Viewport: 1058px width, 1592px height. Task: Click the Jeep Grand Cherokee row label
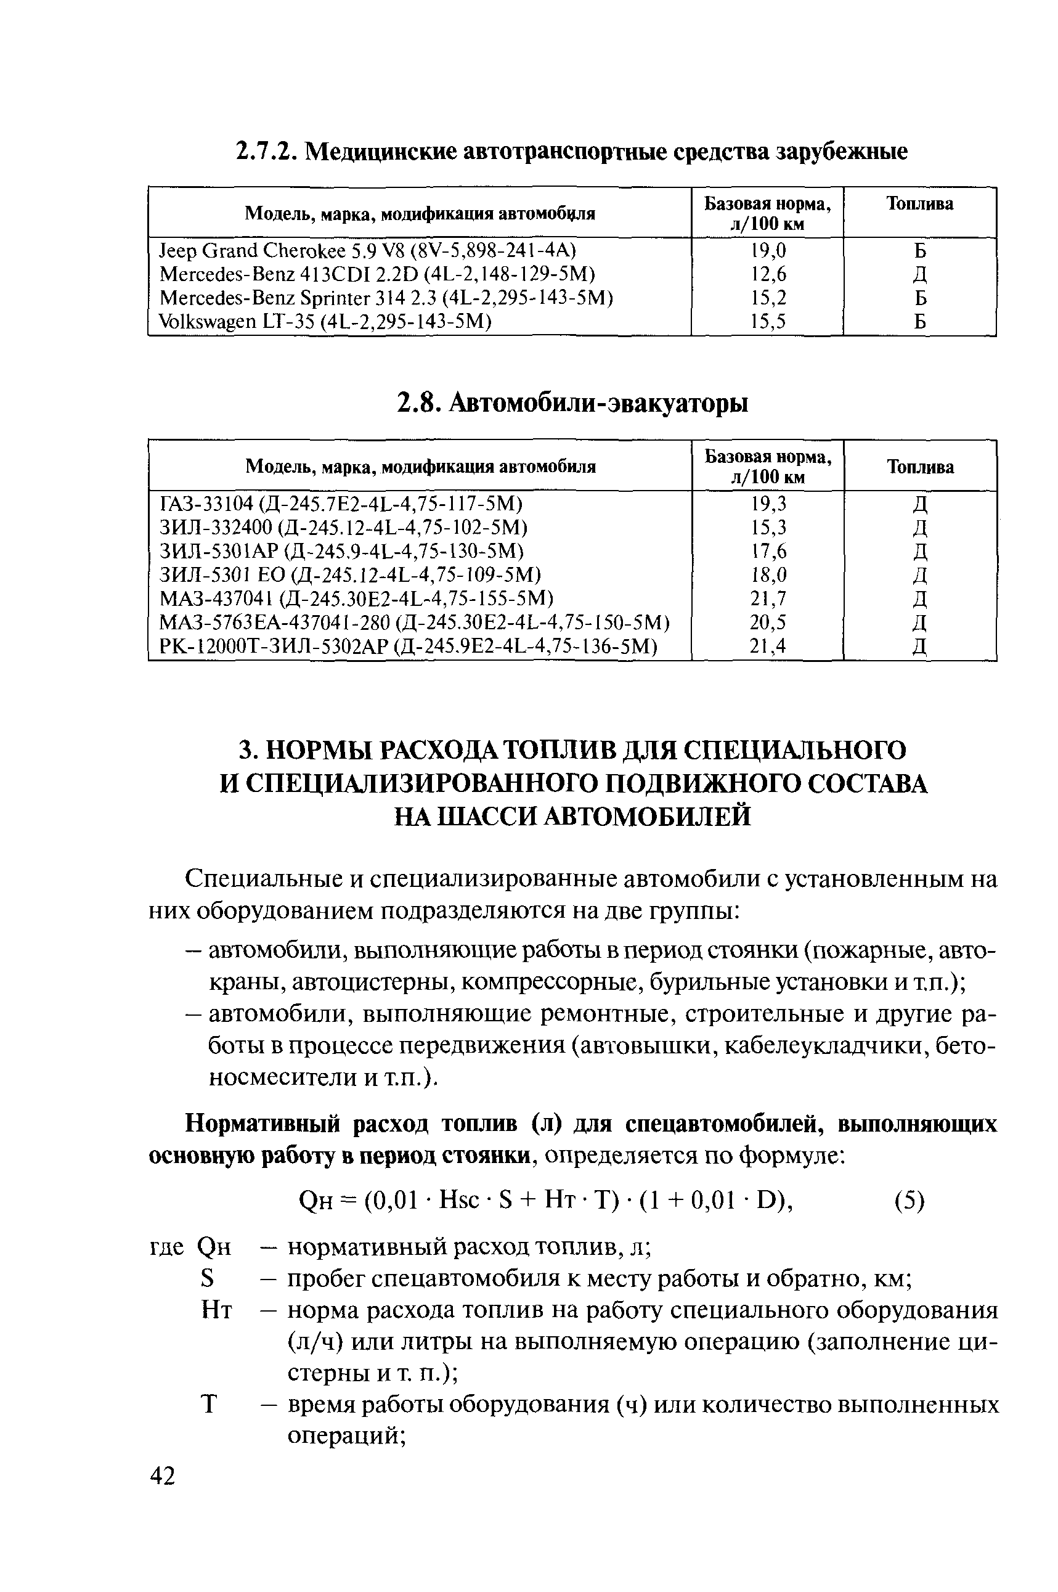click(368, 251)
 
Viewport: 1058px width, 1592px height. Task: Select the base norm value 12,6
click(768, 275)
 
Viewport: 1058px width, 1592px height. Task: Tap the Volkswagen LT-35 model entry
click(325, 322)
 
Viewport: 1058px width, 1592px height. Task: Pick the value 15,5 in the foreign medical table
click(768, 322)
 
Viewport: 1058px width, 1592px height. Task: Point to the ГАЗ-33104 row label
click(341, 504)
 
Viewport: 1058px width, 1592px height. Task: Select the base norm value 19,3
click(768, 504)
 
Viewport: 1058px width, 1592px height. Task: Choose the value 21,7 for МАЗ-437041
click(768, 598)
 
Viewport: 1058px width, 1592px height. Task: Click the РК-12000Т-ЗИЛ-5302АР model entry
click(408, 647)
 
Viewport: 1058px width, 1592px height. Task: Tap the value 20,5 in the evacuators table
click(768, 623)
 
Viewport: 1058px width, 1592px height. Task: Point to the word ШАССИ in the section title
click(486, 817)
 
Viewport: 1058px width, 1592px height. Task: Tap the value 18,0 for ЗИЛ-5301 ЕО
click(768, 575)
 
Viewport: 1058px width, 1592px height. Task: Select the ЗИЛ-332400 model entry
click(343, 528)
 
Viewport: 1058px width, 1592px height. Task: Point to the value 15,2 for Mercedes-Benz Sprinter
click(768, 298)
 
